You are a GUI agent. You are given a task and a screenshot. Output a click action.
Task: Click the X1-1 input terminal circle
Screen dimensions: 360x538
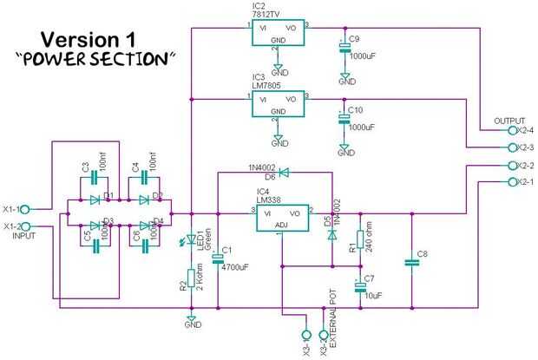[x=25, y=209]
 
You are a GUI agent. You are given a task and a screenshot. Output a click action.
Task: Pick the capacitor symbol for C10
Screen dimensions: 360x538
[x=345, y=120]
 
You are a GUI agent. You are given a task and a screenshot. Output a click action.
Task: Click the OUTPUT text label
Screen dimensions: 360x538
[x=509, y=121]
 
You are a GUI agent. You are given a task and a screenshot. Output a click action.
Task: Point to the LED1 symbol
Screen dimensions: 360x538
[x=192, y=240]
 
